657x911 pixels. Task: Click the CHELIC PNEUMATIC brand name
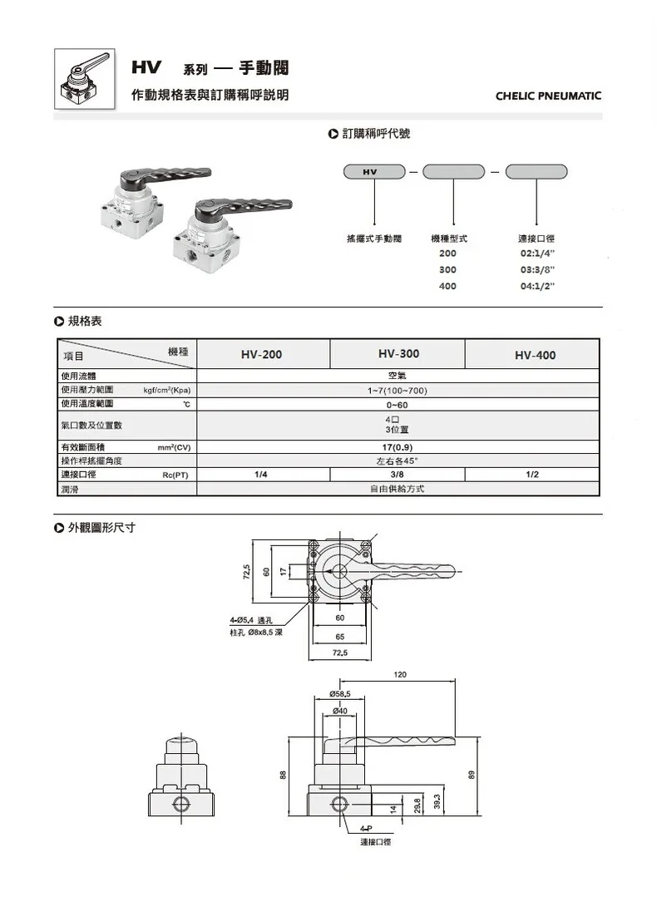click(x=548, y=96)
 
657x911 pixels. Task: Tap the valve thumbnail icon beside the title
click(x=85, y=79)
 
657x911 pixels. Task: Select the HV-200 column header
click(x=262, y=354)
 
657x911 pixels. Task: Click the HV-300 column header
click(x=399, y=354)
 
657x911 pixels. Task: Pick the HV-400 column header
click(x=536, y=355)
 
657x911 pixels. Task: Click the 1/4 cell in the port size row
click(x=261, y=475)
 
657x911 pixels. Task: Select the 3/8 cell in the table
click(x=397, y=475)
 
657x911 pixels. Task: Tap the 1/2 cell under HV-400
click(x=532, y=475)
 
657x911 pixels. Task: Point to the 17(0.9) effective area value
click(x=398, y=447)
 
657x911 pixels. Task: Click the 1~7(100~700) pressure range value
click(x=397, y=391)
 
